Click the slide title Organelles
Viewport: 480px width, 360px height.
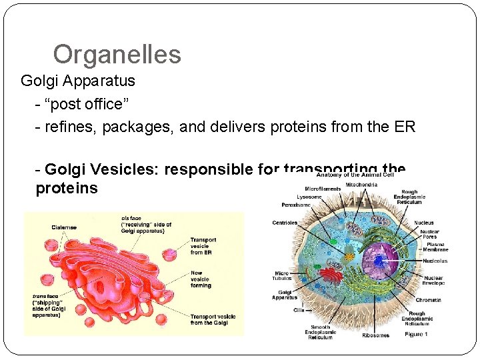click(117, 54)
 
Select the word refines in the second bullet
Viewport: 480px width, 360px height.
click(67, 127)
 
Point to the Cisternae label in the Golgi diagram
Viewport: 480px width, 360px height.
click(65, 227)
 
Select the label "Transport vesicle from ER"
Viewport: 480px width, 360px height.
click(203, 246)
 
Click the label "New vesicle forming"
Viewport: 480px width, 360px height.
click(201, 279)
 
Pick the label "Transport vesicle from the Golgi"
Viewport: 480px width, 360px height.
click(209, 320)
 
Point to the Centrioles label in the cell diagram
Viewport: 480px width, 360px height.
click(285, 223)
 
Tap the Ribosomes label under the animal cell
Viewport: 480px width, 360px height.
click(376, 335)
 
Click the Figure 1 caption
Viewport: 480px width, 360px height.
click(416, 334)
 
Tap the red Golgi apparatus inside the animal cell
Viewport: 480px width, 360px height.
click(329, 275)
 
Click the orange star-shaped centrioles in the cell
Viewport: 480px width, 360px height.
click(348, 255)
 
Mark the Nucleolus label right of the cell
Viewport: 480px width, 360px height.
click(434, 261)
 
